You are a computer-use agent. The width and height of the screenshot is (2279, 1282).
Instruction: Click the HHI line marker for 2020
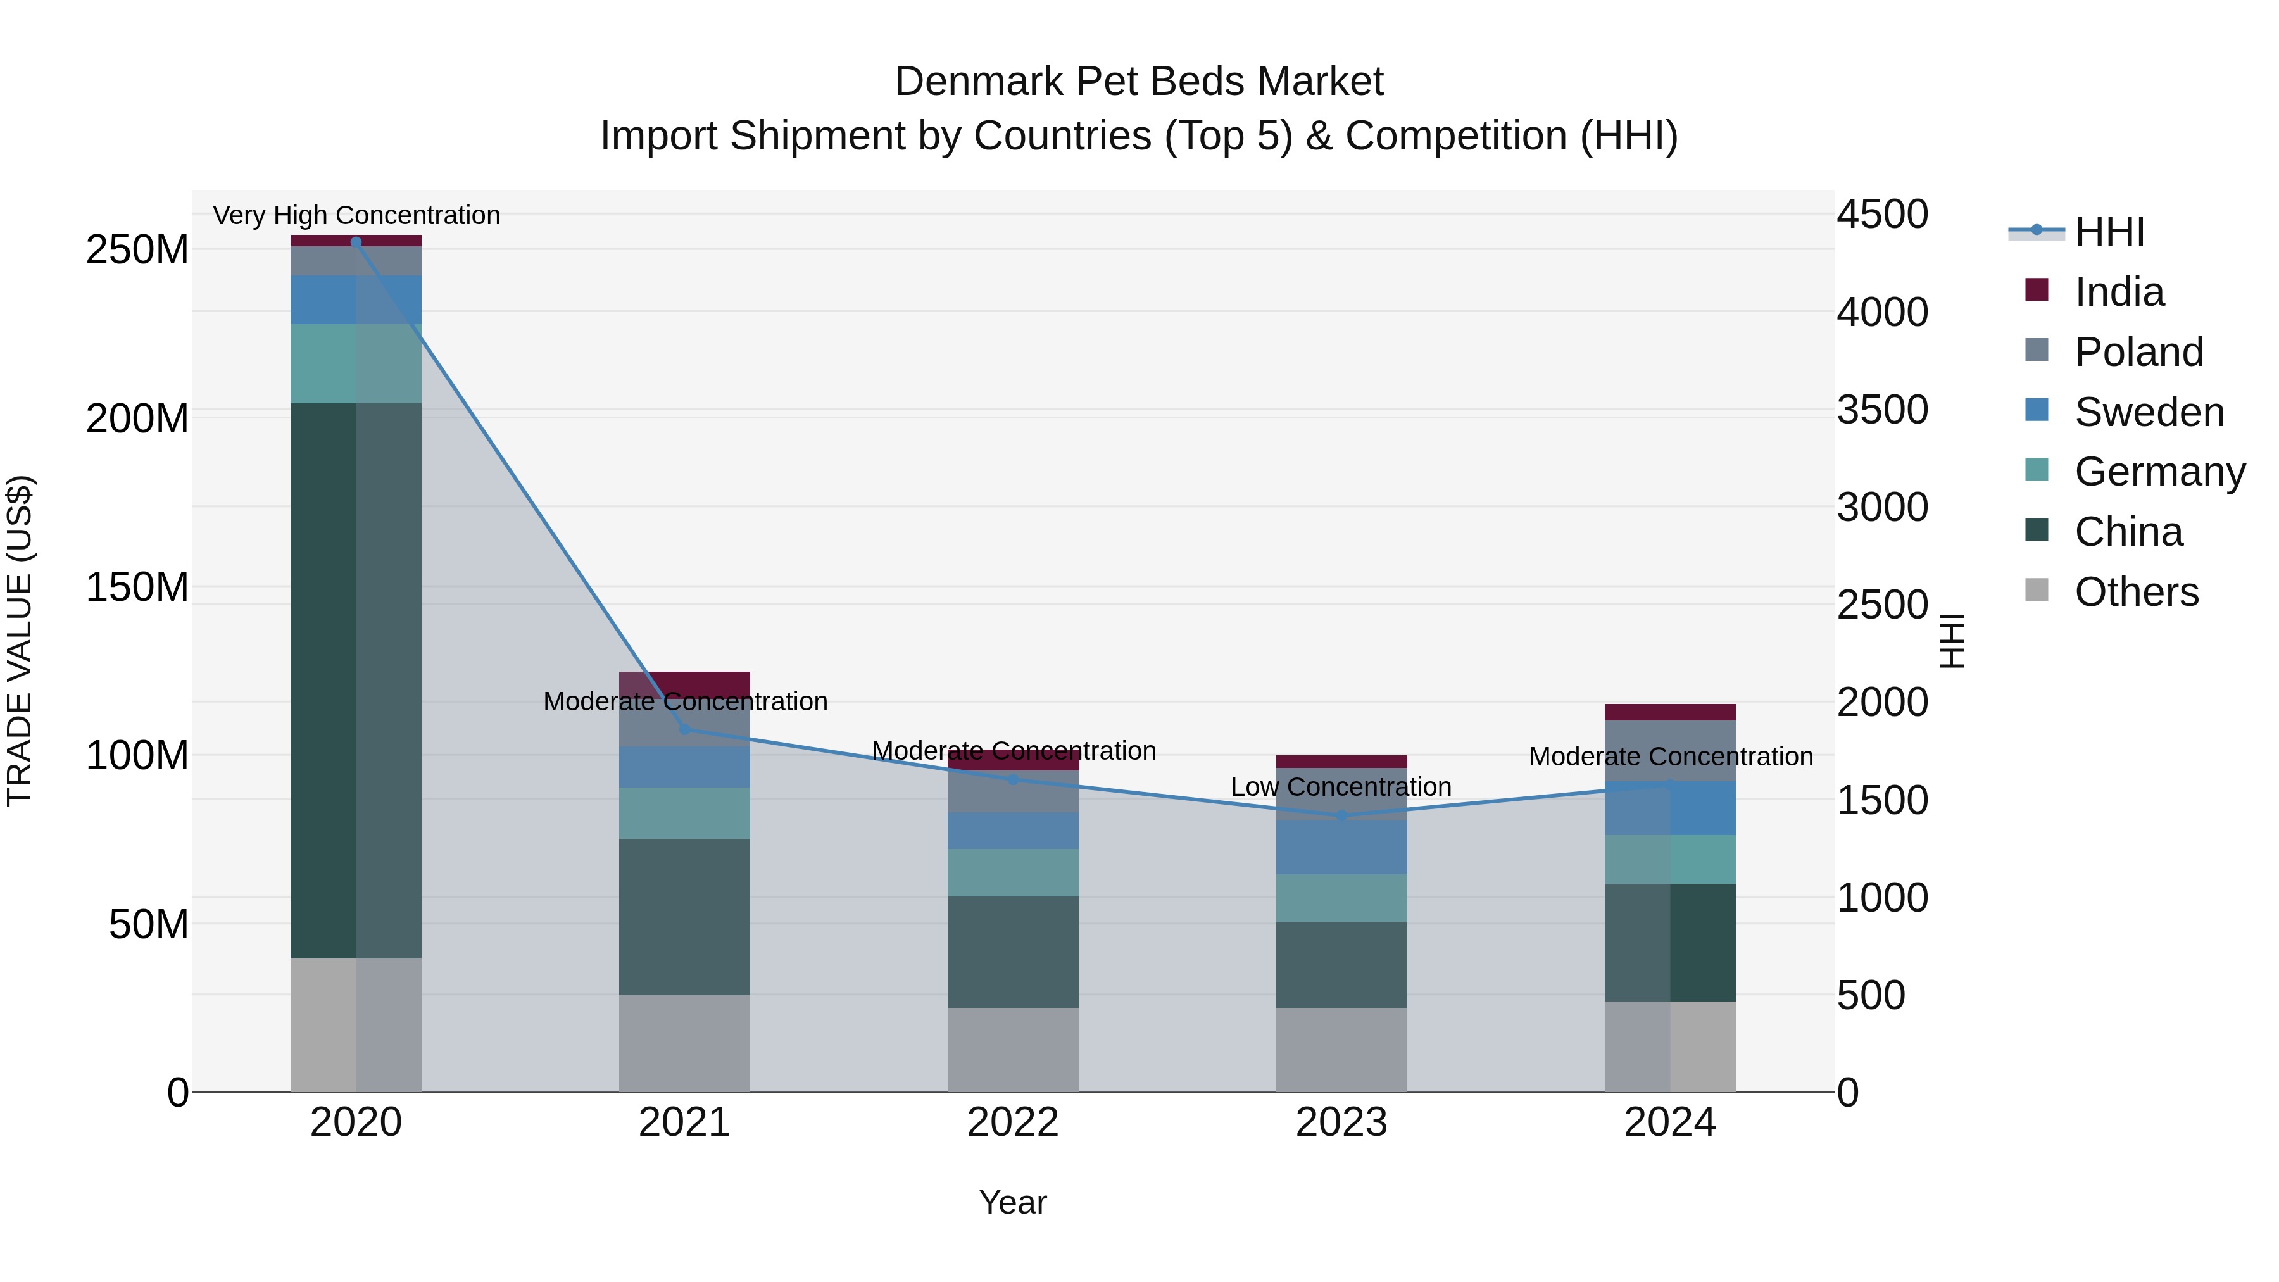click(x=356, y=242)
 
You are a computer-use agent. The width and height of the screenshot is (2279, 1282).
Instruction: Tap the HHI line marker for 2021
click(x=684, y=728)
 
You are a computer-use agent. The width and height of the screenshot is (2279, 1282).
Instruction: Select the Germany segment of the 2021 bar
click(x=684, y=813)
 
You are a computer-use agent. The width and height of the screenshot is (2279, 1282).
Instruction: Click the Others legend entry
click(x=2136, y=592)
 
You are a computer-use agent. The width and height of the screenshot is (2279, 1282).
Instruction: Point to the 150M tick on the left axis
click(x=137, y=588)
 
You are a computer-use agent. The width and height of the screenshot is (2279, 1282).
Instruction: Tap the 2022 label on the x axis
click(x=1013, y=1122)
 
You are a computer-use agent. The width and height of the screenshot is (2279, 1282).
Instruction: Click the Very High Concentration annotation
click(x=356, y=215)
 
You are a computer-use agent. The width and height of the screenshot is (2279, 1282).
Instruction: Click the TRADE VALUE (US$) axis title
click(x=20, y=641)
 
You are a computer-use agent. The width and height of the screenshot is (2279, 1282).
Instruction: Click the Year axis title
click(x=1013, y=1202)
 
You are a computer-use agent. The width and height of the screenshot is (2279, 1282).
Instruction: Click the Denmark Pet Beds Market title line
click(x=1139, y=82)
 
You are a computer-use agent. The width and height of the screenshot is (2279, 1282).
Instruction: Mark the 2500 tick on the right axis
click(x=1882, y=605)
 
